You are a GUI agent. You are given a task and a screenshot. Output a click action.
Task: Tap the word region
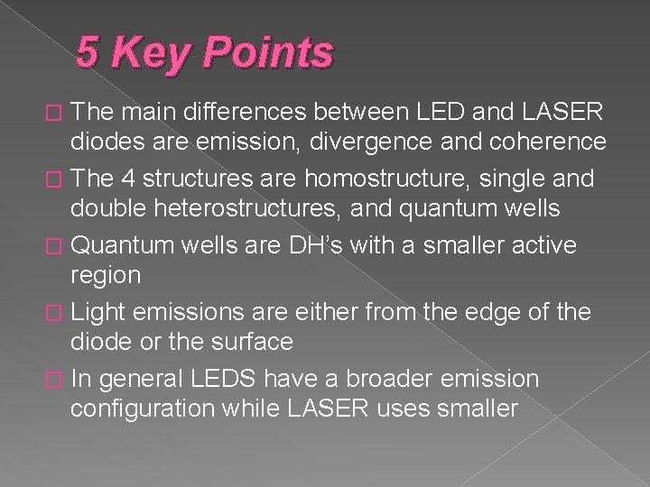click(x=106, y=276)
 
